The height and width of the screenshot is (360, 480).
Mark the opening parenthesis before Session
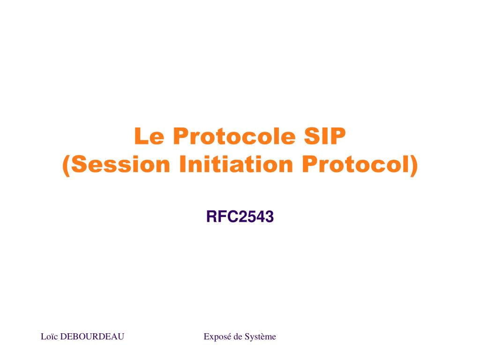(66, 165)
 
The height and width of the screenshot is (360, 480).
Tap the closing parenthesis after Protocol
(413, 165)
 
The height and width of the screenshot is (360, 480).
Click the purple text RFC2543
(240, 217)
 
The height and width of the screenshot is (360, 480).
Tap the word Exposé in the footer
(217, 337)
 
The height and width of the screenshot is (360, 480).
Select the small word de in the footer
(238, 337)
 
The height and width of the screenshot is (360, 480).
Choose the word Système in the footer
(261, 337)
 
